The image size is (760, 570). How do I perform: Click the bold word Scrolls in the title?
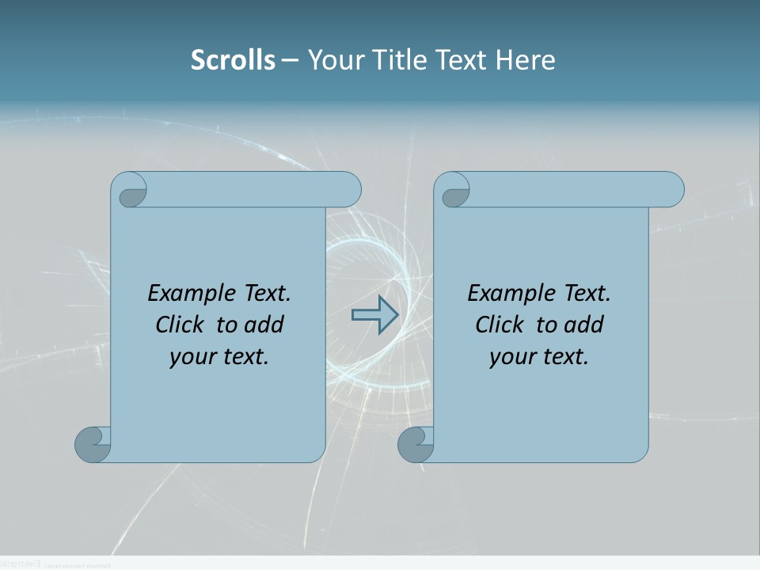(233, 60)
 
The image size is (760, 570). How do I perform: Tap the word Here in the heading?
(526, 60)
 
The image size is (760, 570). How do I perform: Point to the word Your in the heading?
(334, 60)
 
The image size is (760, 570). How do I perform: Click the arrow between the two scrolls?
(374, 315)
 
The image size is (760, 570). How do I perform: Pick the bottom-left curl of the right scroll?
(416, 444)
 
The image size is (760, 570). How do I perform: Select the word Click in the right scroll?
(500, 325)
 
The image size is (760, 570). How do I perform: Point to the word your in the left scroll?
(191, 357)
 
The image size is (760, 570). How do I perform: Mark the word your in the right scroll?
(511, 357)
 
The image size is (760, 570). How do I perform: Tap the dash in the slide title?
(291, 60)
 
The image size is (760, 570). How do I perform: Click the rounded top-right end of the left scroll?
(348, 190)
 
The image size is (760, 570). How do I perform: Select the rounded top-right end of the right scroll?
(671, 190)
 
